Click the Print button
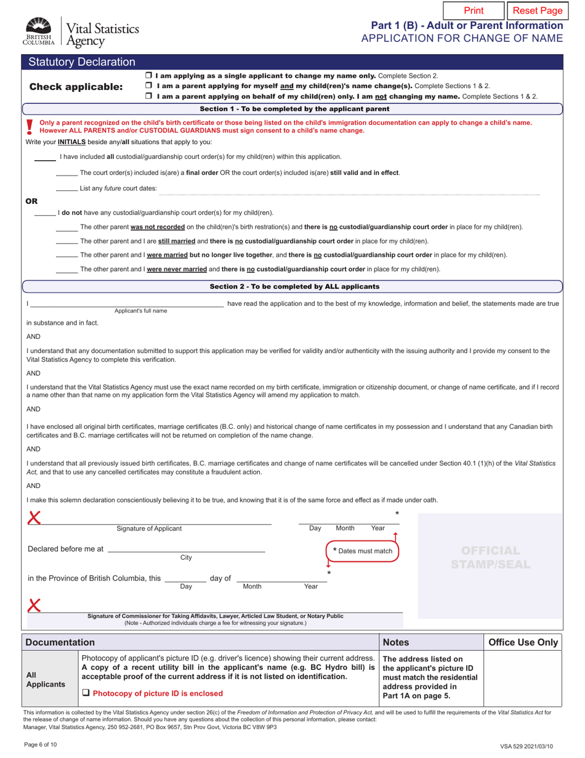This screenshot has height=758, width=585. tap(473, 10)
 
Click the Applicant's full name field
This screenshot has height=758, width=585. tap(127, 304)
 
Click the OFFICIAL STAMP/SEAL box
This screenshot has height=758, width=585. tap(491, 556)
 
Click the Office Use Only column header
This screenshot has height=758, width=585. tap(523, 642)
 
